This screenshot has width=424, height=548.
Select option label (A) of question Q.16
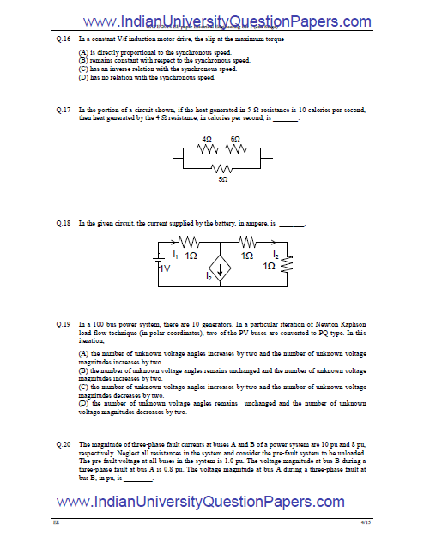[x=83, y=54]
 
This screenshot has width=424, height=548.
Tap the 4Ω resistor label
[x=207, y=138]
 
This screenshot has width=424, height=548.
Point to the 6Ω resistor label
[x=235, y=138]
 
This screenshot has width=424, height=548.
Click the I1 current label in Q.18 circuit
[x=176, y=255]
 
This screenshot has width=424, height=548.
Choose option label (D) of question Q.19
[x=83, y=403]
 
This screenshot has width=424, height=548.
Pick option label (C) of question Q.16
[x=83, y=69]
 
